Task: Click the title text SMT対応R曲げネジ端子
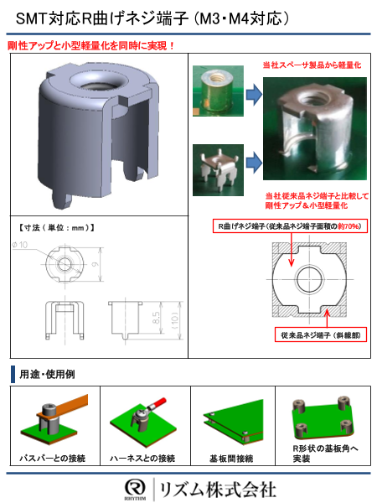[126, 18]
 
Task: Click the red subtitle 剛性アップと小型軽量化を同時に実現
[91, 45]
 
